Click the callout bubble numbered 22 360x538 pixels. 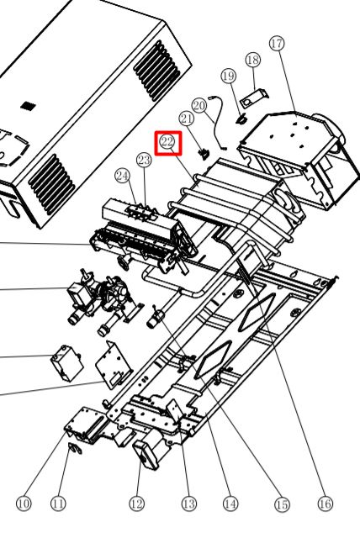(x=167, y=141)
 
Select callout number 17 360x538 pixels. (x=277, y=44)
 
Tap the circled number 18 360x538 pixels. (x=253, y=60)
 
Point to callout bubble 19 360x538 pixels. (x=229, y=76)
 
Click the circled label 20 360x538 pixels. (x=199, y=105)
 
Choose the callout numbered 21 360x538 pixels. (x=187, y=119)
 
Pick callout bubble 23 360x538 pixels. (x=144, y=160)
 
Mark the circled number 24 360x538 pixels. (x=123, y=176)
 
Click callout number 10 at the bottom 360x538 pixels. (x=24, y=504)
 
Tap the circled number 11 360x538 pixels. (x=58, y=504)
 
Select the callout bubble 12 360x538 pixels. (x=136, y=504)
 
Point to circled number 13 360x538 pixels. (x=188, y=504)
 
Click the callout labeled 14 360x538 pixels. (x=230, y=504)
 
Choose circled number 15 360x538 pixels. (x=282, y=504)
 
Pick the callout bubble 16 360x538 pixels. (x=325, y=504)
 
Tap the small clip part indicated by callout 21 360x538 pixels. (x=204, y=153)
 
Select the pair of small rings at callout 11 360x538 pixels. (x=76, y=448)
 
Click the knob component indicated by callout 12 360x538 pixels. (x=146, y=455)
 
